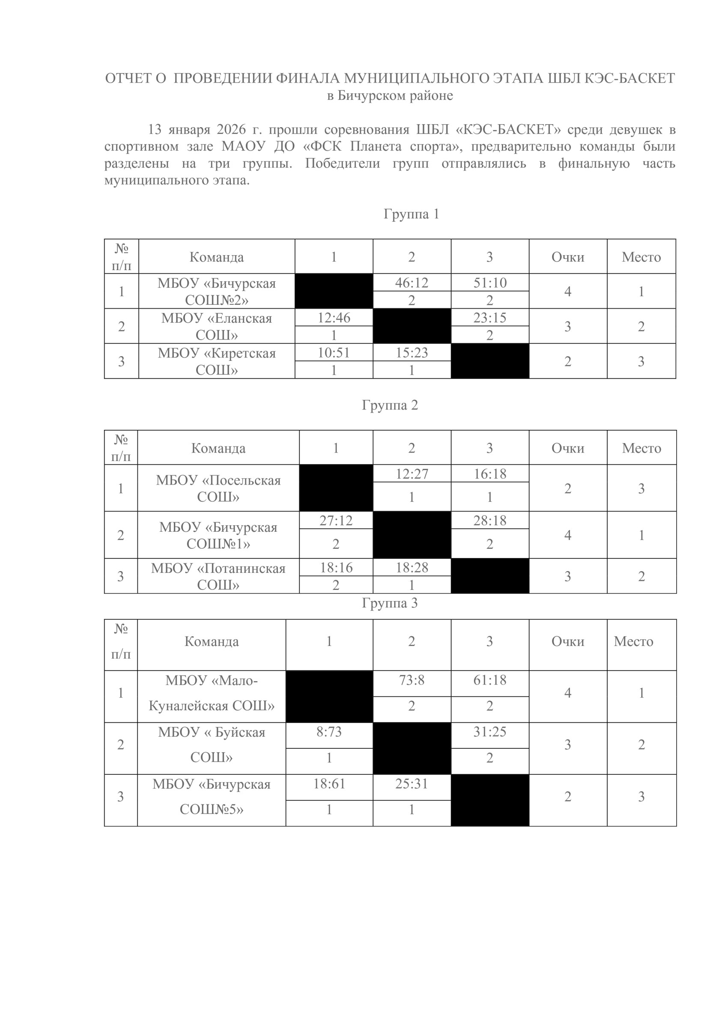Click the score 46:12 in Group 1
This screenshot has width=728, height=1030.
point(412,283)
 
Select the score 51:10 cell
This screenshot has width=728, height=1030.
point(489,283)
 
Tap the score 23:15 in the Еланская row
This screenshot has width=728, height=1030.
point(489,318)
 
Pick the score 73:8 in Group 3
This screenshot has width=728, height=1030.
point(412,680)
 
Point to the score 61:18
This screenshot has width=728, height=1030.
point(489,680)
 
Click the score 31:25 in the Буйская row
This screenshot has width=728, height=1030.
point(489,732)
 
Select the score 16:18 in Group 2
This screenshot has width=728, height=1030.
point(489,474)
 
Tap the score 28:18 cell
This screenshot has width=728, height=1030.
point(489,521)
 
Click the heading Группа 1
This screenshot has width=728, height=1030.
point(411,214)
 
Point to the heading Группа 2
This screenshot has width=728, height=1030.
point(390,405)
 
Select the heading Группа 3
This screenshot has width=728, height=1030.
point(390,603)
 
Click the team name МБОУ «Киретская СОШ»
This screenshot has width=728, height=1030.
point(216,361)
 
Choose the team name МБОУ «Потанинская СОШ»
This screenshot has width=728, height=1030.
point(218,577)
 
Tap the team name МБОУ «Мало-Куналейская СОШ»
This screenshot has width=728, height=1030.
point(212,693)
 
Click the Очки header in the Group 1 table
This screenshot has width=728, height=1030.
point(568,257)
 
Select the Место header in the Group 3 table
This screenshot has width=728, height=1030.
point(633,642)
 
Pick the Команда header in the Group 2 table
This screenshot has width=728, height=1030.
point(218,448)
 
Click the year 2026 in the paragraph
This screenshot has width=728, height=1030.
point(231,130)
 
